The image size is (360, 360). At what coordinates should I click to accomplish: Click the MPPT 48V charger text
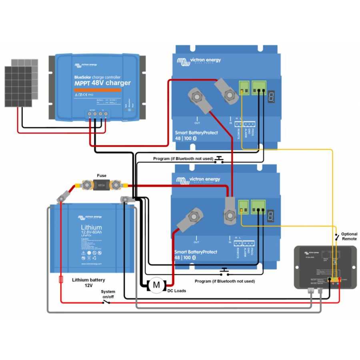click(x=102, y=83)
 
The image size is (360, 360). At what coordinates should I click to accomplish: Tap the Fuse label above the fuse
click(x=102, y=176)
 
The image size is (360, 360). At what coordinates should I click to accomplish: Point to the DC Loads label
click(x=176, y=291)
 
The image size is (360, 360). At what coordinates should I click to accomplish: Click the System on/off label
click(x=108, y=294)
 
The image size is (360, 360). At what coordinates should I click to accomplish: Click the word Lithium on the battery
click(x=91, y=228)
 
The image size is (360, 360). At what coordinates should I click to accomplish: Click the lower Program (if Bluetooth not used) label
click(x=225, y=281)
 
